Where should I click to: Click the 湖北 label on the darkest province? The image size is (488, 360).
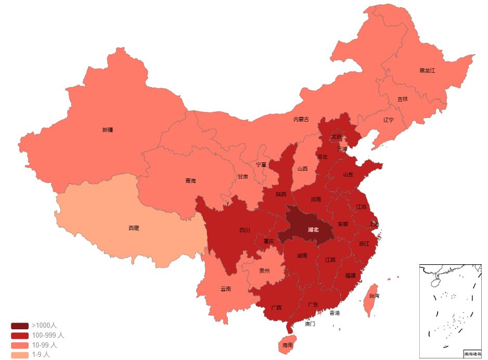click(x=313, y=229)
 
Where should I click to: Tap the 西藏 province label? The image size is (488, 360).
click(x=134, y=228)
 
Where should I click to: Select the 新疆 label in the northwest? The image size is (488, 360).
click(x=108, y=130)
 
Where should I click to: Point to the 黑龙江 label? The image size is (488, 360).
click(x=427, y=70)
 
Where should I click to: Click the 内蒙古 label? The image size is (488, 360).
click(x=301, y=119)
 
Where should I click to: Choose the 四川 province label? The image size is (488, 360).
click(x=245, y=230)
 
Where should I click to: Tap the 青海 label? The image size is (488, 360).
click(x=190, y=181)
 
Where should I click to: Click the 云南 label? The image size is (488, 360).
click(x=225, y=289)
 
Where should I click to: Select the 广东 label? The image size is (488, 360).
click(x=313, y=304)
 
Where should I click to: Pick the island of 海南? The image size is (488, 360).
click(x=287, y=344)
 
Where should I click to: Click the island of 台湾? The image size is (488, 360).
click(x=373, y=297)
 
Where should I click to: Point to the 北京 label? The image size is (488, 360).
click(x=337, y=137)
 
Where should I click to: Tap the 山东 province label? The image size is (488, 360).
click(x=348, y=175)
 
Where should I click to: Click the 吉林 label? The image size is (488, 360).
click(x=403, y=99)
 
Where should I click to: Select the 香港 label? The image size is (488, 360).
click(x=335, y=313)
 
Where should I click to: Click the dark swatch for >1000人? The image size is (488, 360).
click(x=20, y=326)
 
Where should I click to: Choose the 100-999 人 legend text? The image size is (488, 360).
click(x=48, y=336)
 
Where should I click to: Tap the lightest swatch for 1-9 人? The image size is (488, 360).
click(x=20, y=355)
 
